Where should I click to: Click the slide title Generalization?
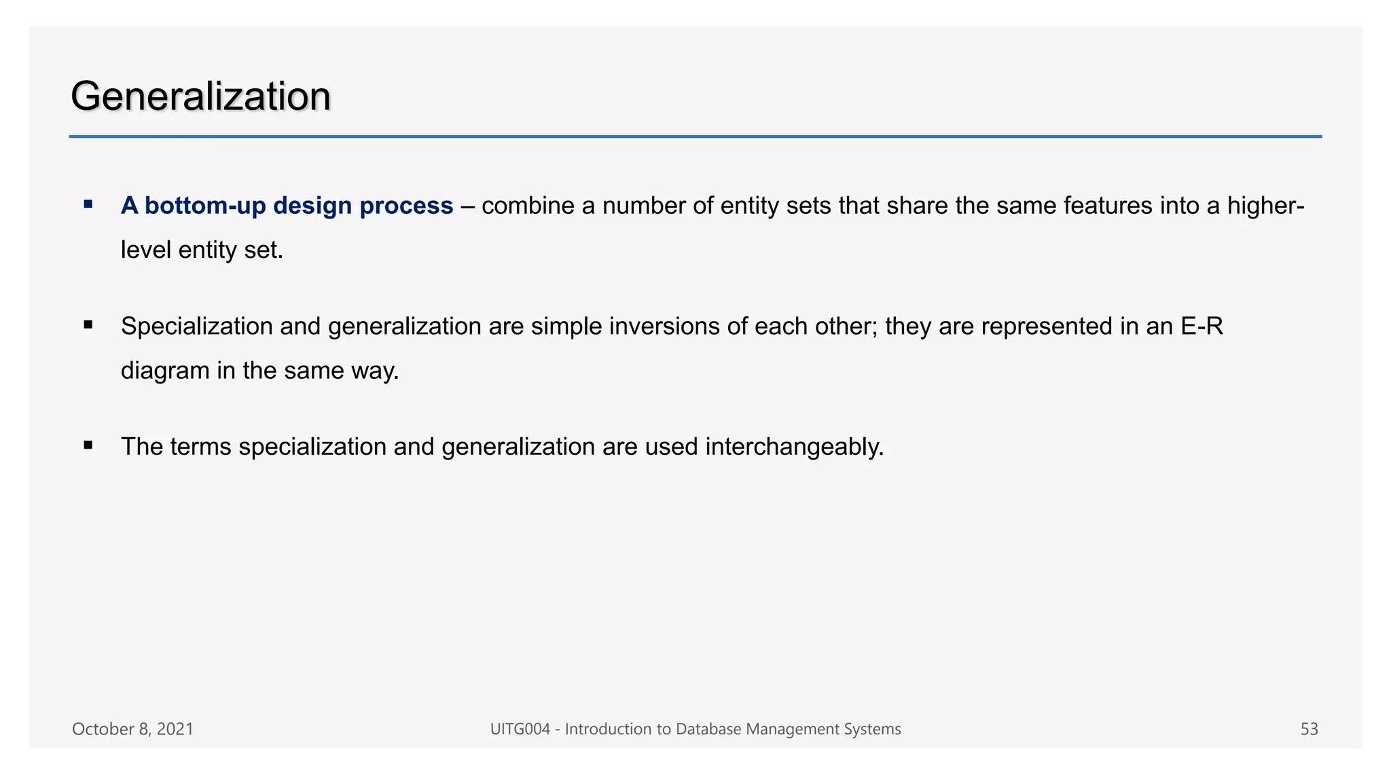[200, 96]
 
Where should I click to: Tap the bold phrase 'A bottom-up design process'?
[287, 206]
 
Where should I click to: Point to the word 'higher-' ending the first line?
[1265, 206]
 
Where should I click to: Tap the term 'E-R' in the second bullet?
[1202, 327]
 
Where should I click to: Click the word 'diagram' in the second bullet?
[165, 371]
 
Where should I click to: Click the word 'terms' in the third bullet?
[200, 447]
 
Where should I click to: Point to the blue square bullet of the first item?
[88, 204]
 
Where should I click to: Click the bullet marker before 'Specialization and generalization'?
[88, 325]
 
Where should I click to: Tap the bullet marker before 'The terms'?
[88, 445]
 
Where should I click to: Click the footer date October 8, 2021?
[132, 729]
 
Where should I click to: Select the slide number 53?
[1309, 729]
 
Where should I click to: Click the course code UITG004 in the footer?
[520, 729]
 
